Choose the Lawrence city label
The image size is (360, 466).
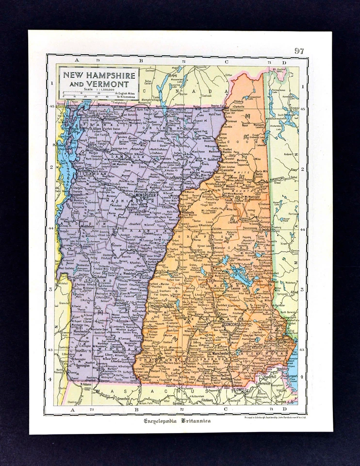pos(264,383)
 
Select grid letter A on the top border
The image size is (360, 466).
pos(76,61)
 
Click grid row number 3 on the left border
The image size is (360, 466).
pos(50,289)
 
